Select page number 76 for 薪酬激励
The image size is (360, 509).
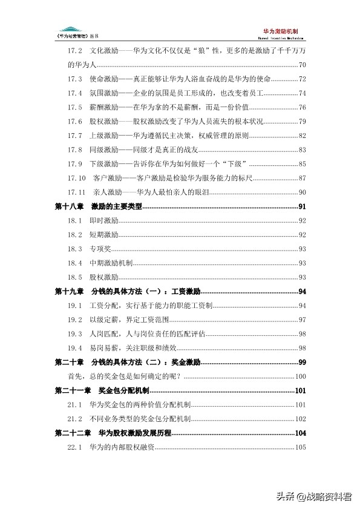point(302,107)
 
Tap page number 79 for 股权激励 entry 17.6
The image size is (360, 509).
point(302,121)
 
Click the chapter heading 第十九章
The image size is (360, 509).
point(69,292)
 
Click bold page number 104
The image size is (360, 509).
point(301,433)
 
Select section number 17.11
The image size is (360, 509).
point(76,192)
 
